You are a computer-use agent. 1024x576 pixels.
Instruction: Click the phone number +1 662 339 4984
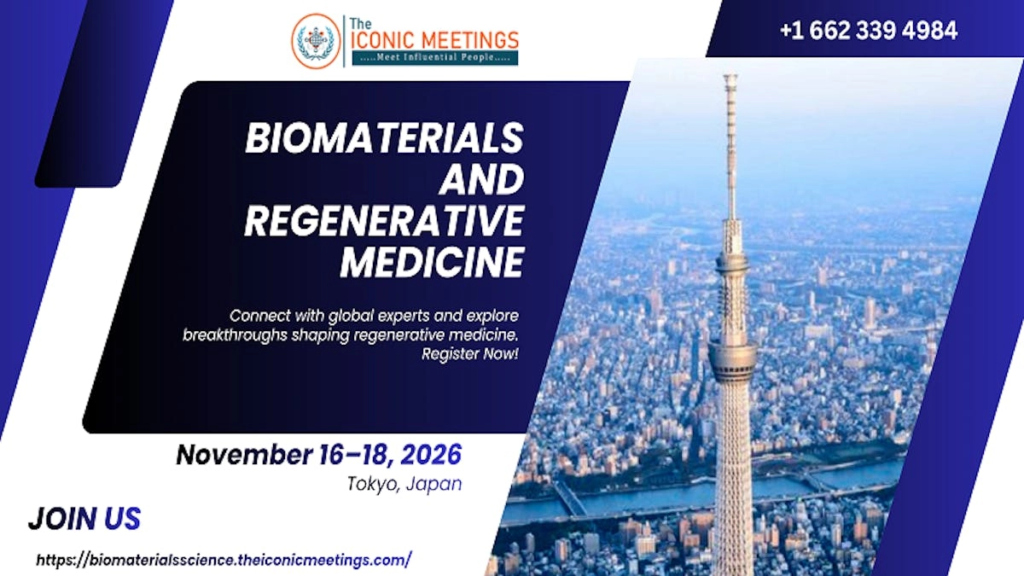pyautogui.click(x=868, y=31)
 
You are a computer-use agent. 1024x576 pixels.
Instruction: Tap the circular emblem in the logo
pyautogui.click(x=316, y=40)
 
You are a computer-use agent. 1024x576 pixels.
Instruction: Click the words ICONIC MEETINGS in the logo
pyautogui.click(x=435, y=39)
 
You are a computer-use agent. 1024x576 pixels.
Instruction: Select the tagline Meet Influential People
pyautogui.click(x=435, y=58)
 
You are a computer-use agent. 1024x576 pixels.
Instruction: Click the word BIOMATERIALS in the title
pyautogui.click(x=384, y=138)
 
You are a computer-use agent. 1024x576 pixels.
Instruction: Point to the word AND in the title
pyautogui.click(x=481, y=179)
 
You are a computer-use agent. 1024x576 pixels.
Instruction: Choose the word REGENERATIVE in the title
pyautogui.click(x=384, y=221)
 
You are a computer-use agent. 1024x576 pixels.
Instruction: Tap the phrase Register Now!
pyautogui.click(x=469, y=353)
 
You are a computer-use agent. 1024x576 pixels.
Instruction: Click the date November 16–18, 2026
pyautogui.click(x=318, y=454)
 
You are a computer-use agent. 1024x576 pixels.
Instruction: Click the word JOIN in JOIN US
pyautogui.click(x=62, y=518)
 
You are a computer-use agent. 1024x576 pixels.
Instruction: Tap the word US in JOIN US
pyautogui.click(x=122, y=518)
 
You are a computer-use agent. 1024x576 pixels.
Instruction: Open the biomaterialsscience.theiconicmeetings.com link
pyautogui.click(x=224, y=560)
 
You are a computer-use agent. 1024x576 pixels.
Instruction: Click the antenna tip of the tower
pyautogui.click(x=730, y=79)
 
